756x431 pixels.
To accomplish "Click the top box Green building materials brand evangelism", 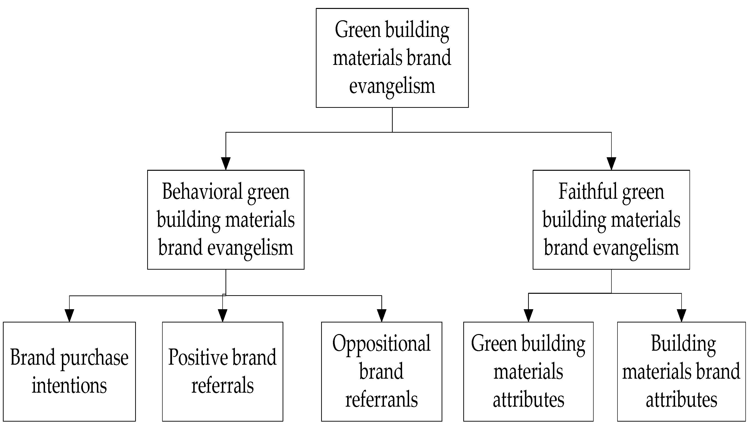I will coord(392,58).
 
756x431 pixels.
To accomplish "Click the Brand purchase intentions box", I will coord(69,371).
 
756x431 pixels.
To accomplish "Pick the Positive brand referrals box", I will coord(222,371).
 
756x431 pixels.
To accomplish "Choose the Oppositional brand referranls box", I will coord(381,371).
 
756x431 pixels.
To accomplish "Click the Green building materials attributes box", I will coord(528,371).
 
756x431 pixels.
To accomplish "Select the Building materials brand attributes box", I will coord(681,371).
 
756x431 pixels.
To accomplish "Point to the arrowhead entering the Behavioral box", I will coord(225,164).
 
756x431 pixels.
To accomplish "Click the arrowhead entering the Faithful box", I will coord(611,164).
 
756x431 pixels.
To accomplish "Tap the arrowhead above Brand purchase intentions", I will coord(69,315).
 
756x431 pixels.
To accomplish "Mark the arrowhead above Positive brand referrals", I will coord(222,315).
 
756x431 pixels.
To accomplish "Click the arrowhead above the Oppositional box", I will coord(381,315).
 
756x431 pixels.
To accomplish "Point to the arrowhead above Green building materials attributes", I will coord(528,315).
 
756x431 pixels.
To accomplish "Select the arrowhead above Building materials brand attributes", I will coord(681,315).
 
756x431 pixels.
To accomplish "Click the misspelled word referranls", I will coord(381,399).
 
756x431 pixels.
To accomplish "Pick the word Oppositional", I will coord(381,344).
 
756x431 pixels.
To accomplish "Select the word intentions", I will coord(69,385).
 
